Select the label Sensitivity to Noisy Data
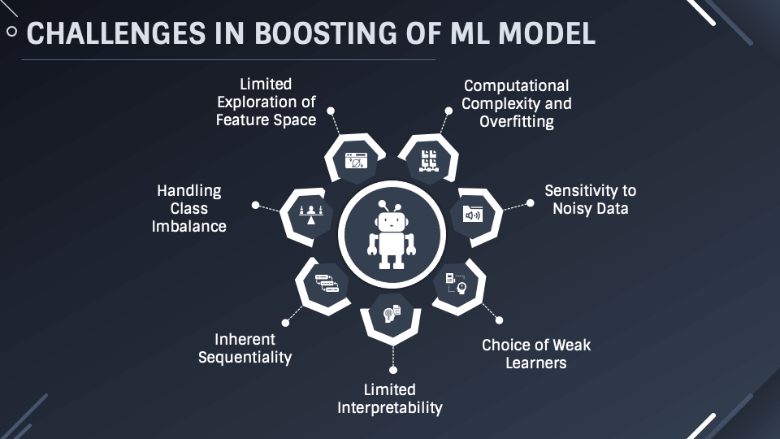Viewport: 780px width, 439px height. [x=590, y=199]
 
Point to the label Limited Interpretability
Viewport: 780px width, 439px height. [x=390, y=398]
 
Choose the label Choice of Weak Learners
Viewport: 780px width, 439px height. [x=536, y=354]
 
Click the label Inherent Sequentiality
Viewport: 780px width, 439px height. [x=245, y=348]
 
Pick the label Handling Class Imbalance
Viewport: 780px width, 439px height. [x=189, y=208]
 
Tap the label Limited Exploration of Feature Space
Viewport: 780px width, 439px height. [x=266, y=102]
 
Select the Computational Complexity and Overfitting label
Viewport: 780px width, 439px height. [x=516, y=103]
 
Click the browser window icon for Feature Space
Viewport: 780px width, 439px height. [x=356, y=160]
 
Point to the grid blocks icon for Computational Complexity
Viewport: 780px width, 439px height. [x=428, y=160]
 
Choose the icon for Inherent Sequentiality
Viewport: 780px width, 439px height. [x=326, y=284]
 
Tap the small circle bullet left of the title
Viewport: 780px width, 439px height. [x=11, y=33]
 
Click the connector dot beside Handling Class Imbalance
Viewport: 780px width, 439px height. [x=255, y=206]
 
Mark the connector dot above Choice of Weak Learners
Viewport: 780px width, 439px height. [x=499, y=320]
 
